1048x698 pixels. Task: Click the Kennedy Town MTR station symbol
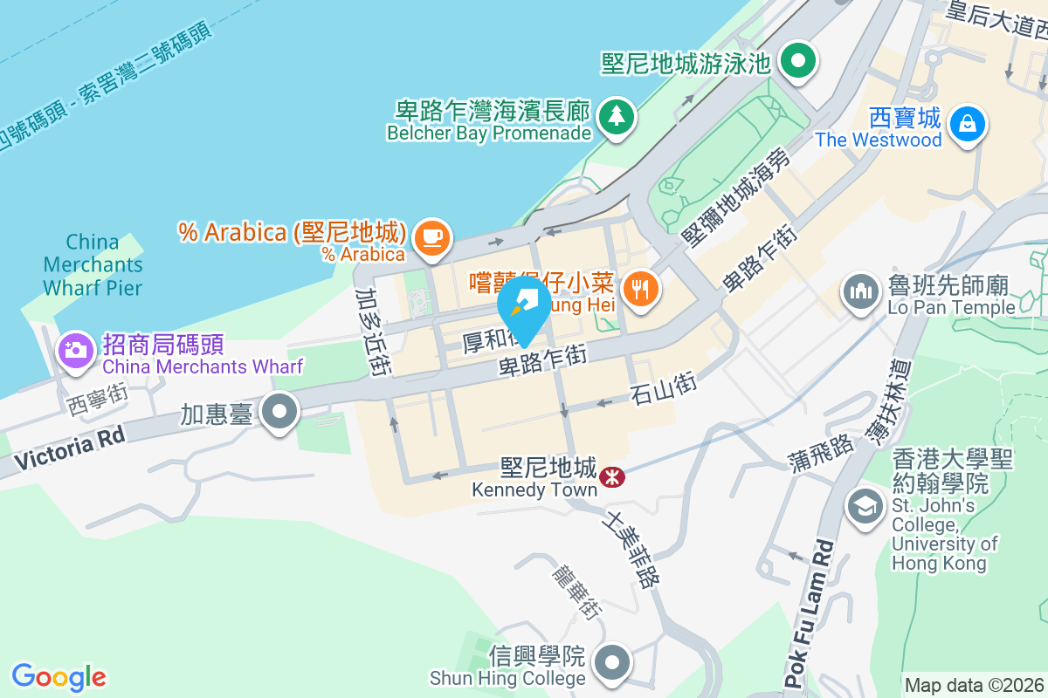[x=611, y=476]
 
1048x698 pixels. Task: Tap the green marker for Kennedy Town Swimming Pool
[x=797, y=61]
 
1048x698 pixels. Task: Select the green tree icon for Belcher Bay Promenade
[x=617, y=115]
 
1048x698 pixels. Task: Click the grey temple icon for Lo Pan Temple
[x=861, y=291]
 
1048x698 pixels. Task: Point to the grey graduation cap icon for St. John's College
[x=865, y=506]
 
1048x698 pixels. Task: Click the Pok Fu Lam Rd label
[x=808, y=613]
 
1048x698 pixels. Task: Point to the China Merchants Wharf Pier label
[x=92, y=263]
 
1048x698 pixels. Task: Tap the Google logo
[x=59, y=677]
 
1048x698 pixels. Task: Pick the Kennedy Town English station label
[x=534, y=489]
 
